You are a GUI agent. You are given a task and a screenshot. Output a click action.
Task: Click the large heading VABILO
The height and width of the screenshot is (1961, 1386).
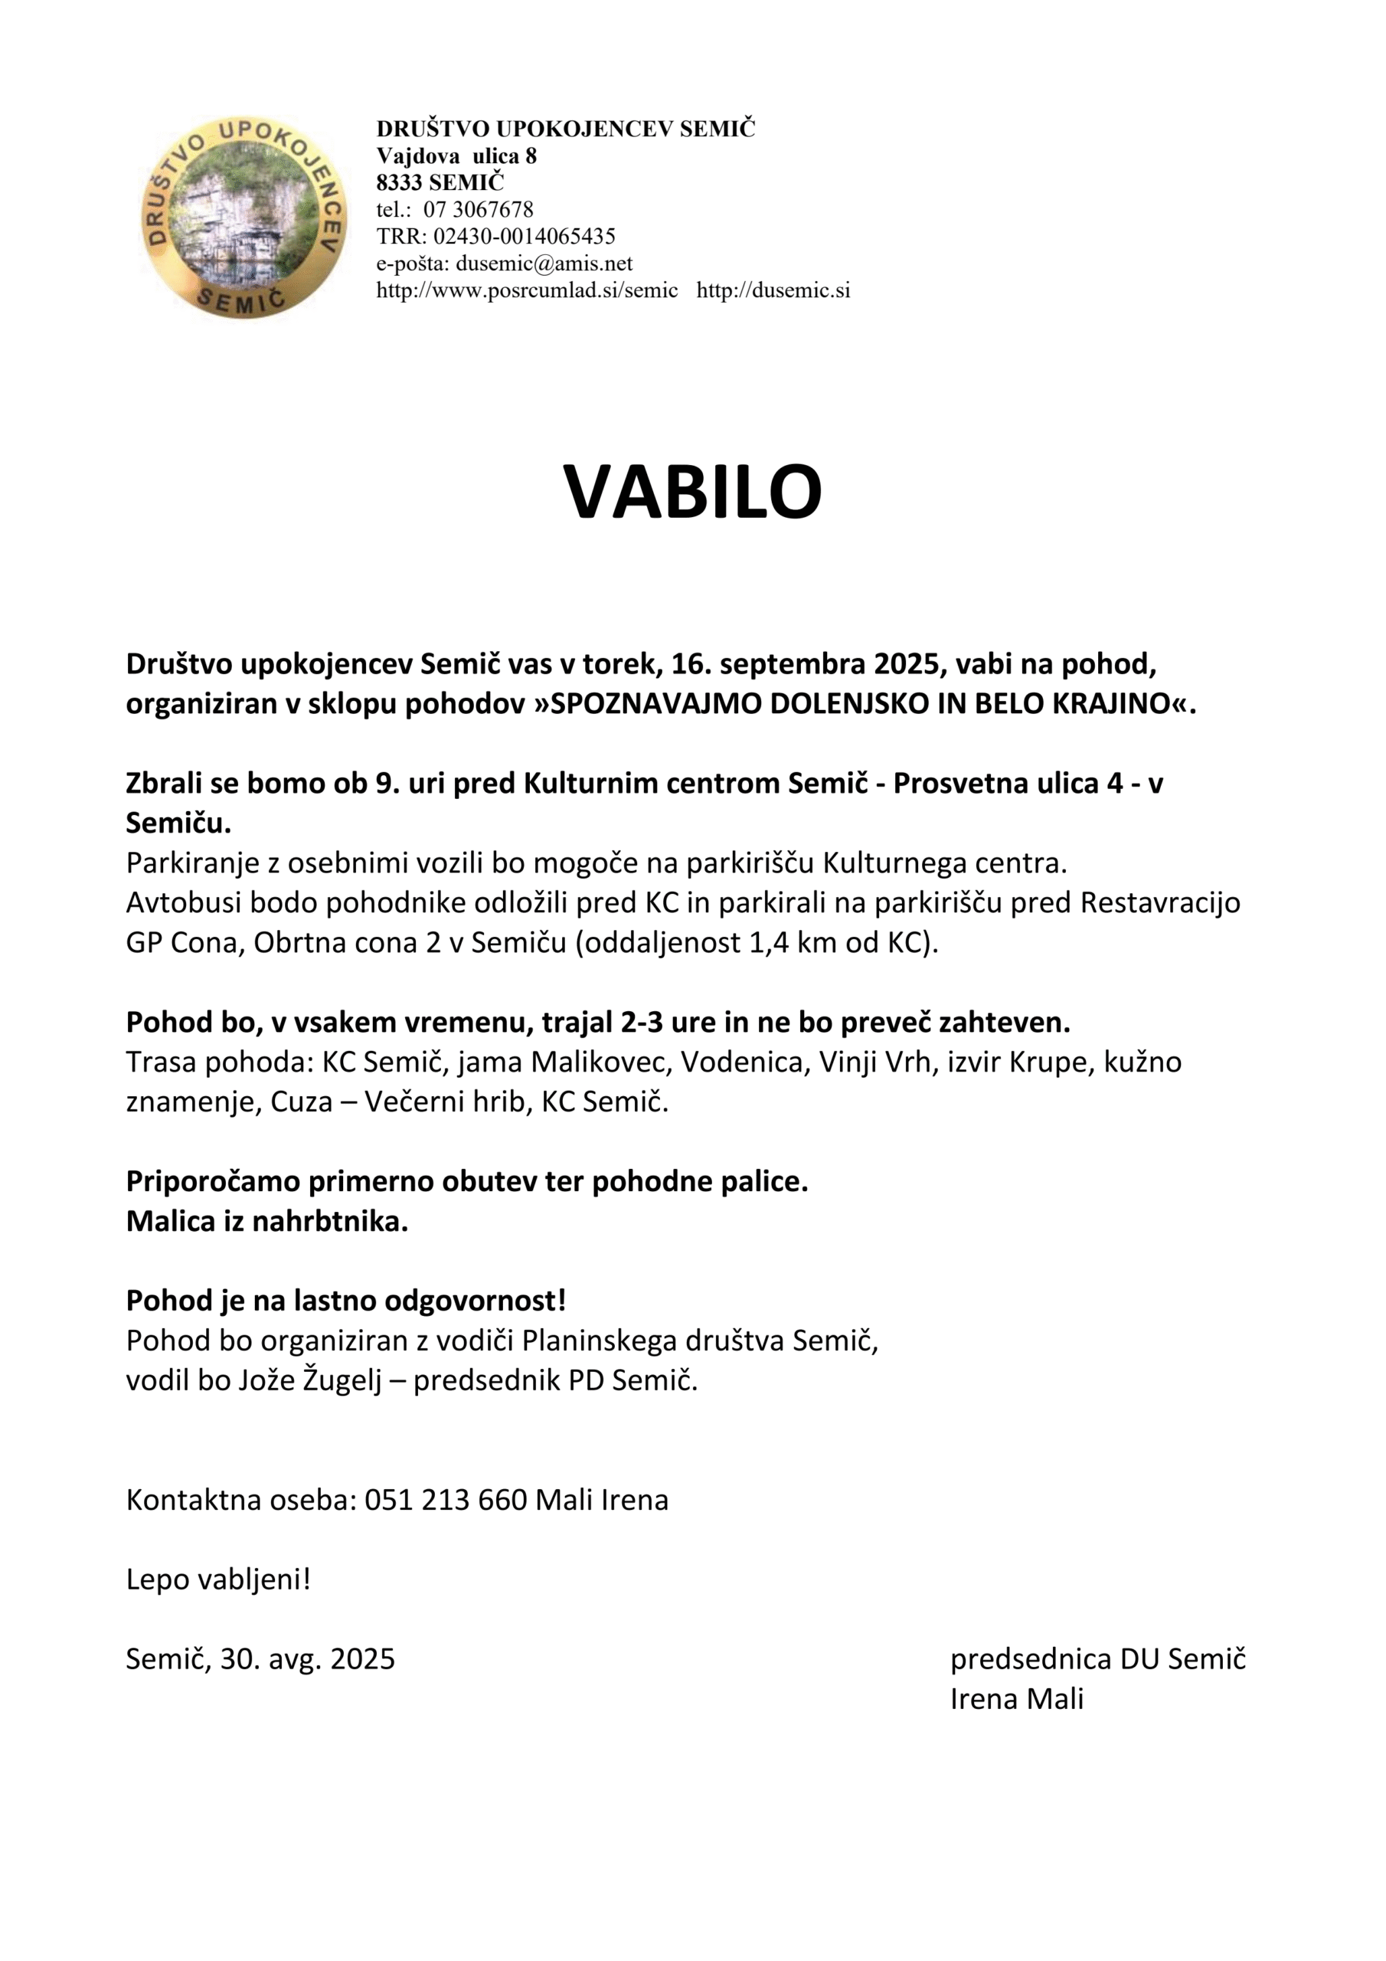click(x=691, y=493)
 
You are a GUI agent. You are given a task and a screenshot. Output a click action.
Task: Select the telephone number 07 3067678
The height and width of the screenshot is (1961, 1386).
click(x=479, y=209)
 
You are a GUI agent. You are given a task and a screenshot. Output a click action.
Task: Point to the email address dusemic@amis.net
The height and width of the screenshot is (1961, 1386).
click(x=544, y=263)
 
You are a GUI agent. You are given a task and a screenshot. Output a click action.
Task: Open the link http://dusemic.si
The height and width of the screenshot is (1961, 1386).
click(x=773, y=290)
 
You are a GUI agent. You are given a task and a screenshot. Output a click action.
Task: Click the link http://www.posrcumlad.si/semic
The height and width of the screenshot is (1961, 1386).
click(x=527, y=290)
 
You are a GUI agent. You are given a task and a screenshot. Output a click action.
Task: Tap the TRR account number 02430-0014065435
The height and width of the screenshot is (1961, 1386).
click(x=525, y=236)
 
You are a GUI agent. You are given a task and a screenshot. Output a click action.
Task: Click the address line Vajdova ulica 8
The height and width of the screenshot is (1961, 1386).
click(x=456, y=156)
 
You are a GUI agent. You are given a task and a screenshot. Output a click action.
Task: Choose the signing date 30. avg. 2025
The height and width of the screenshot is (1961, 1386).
click(x=307, y=1658)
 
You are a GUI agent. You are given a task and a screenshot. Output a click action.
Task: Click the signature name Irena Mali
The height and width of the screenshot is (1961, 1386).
click(x=1016, y=1699)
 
